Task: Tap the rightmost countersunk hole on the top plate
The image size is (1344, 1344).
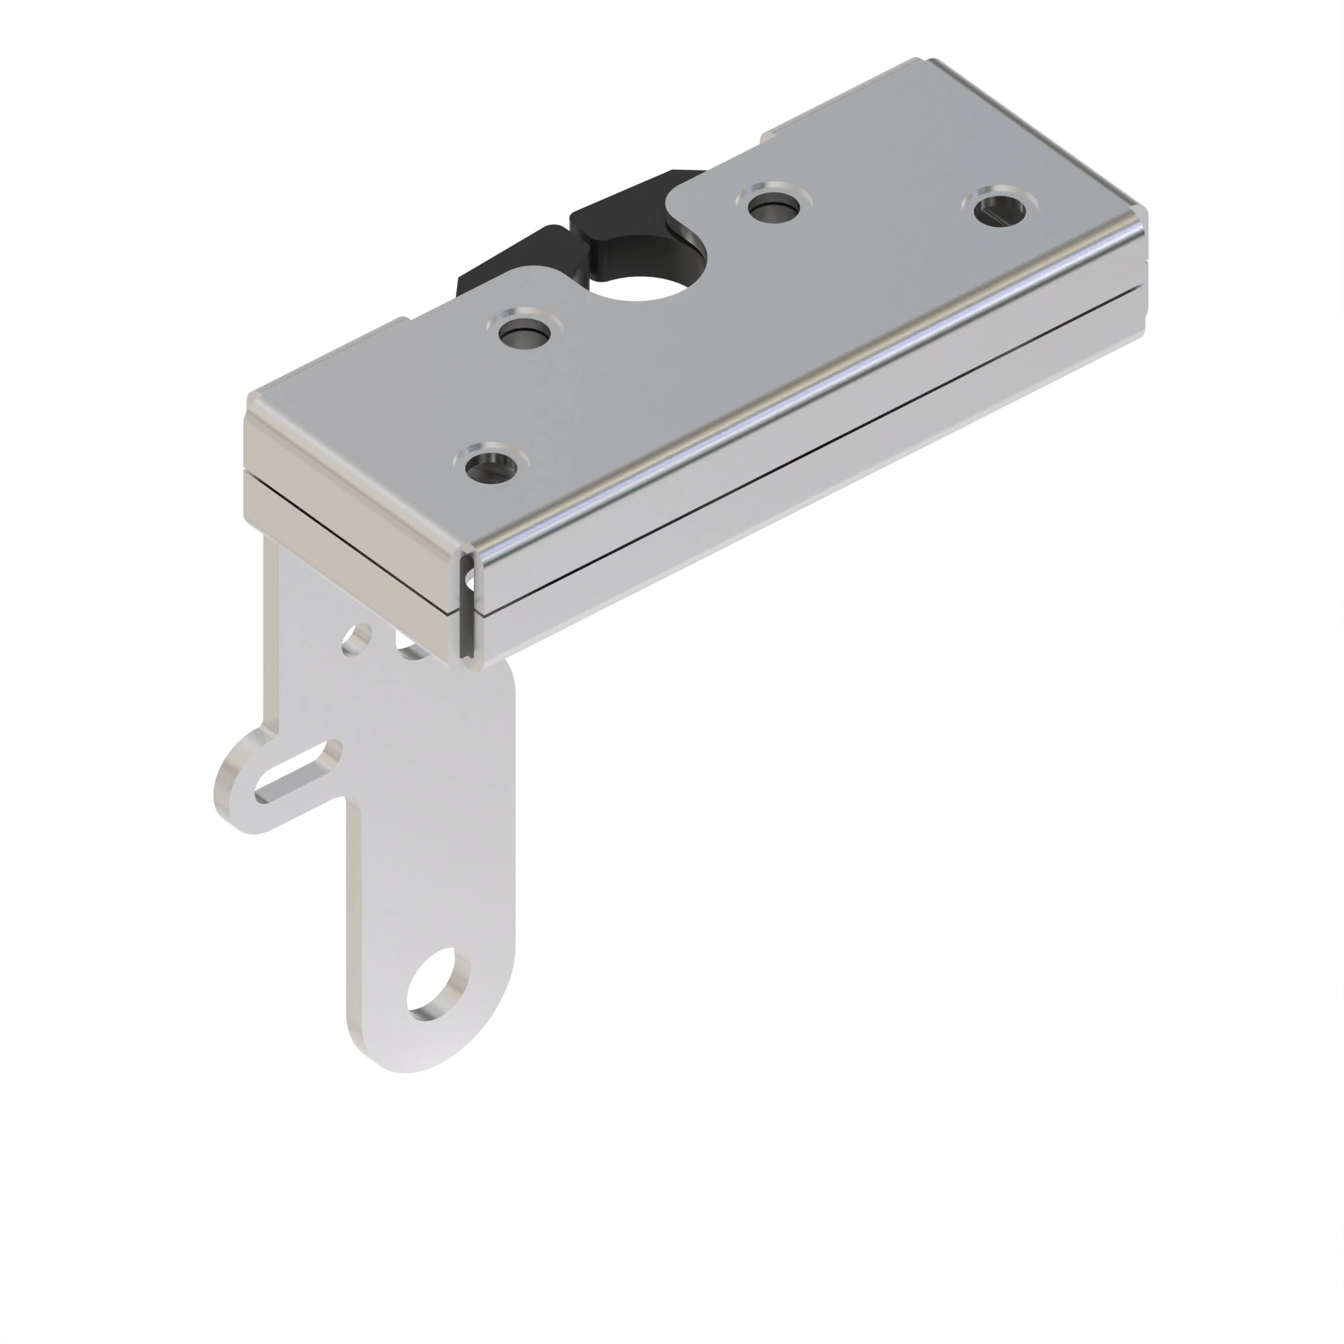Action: coord(1000,207)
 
